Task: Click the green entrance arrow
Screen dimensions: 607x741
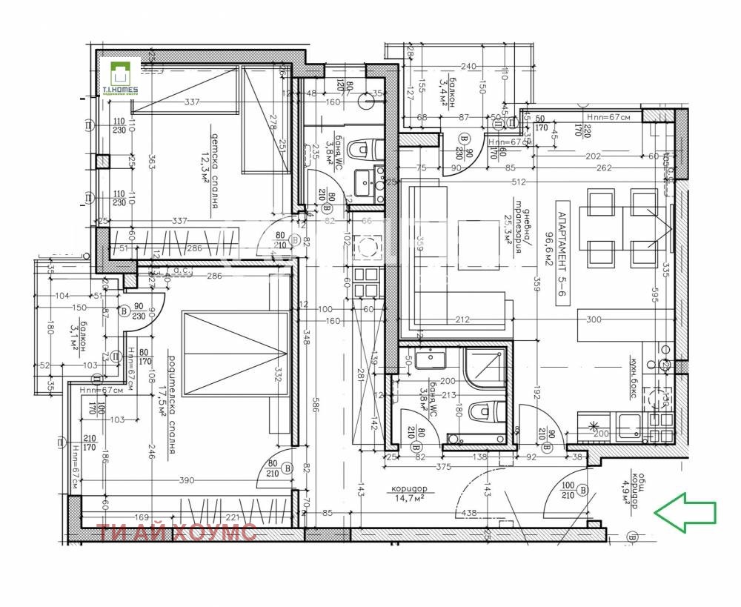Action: [685, 512]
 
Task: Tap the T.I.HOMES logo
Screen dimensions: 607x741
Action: [119, 77]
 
